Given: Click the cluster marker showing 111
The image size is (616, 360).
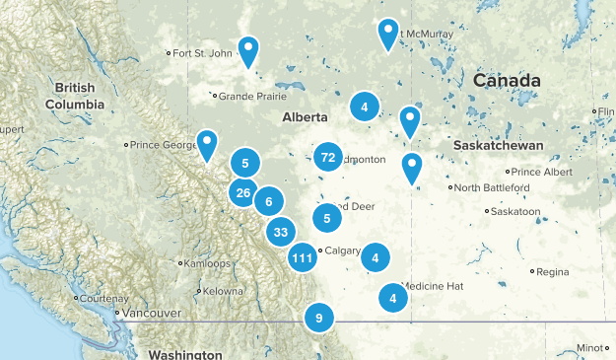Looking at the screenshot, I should click(x=303, y=258).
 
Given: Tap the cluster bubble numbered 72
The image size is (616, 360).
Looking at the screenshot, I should click(x=328, y=156).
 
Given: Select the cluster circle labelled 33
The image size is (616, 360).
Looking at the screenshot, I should click(x=281, y=233).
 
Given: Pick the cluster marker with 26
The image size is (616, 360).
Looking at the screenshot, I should click(x=243, y=192).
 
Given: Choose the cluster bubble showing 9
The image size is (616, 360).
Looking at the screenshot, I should click(x=318, y=318).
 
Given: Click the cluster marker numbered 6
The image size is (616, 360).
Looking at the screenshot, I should click(x=268, y=202).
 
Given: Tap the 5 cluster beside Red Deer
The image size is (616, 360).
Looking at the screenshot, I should click(x=327, y=218).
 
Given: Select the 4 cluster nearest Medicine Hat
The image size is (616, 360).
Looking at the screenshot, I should click(x=393, y=297).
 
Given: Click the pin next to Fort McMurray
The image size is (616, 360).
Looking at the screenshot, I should click(x=389, y=32).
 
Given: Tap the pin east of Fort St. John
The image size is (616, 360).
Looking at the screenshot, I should click(x=250, y=48).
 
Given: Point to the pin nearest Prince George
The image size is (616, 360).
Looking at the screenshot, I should click(x=207, y=143).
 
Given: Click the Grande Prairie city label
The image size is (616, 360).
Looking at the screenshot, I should click(x=252, y=96).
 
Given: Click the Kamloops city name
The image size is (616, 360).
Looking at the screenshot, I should click(x=209, y=263).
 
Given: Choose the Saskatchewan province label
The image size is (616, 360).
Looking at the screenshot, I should click(x=499, y=145).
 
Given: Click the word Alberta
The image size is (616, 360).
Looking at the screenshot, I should click(x=305, y=116).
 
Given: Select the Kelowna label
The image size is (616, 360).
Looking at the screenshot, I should click(x=225, y=291).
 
